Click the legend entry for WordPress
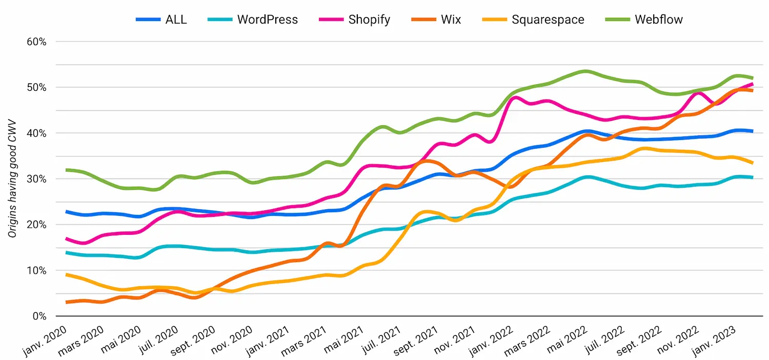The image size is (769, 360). (x=267, y=20)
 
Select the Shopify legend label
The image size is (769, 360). (x=369, y=20)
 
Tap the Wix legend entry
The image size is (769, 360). (x=451, y=20)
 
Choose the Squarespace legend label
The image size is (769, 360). (x=548, y=20)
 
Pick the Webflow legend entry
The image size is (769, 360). (x=659, y=20)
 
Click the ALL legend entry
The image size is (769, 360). (x=175, y=20)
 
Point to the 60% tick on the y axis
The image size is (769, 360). (x=36, y=42)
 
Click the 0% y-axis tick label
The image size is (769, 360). (x=39, y=316)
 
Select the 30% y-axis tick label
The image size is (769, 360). (x=36, y=179)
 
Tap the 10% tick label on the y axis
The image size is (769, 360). (x=36, y=271)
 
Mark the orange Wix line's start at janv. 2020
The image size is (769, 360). (x=67, y=302)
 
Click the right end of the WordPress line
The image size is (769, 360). (x=752, y=177)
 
